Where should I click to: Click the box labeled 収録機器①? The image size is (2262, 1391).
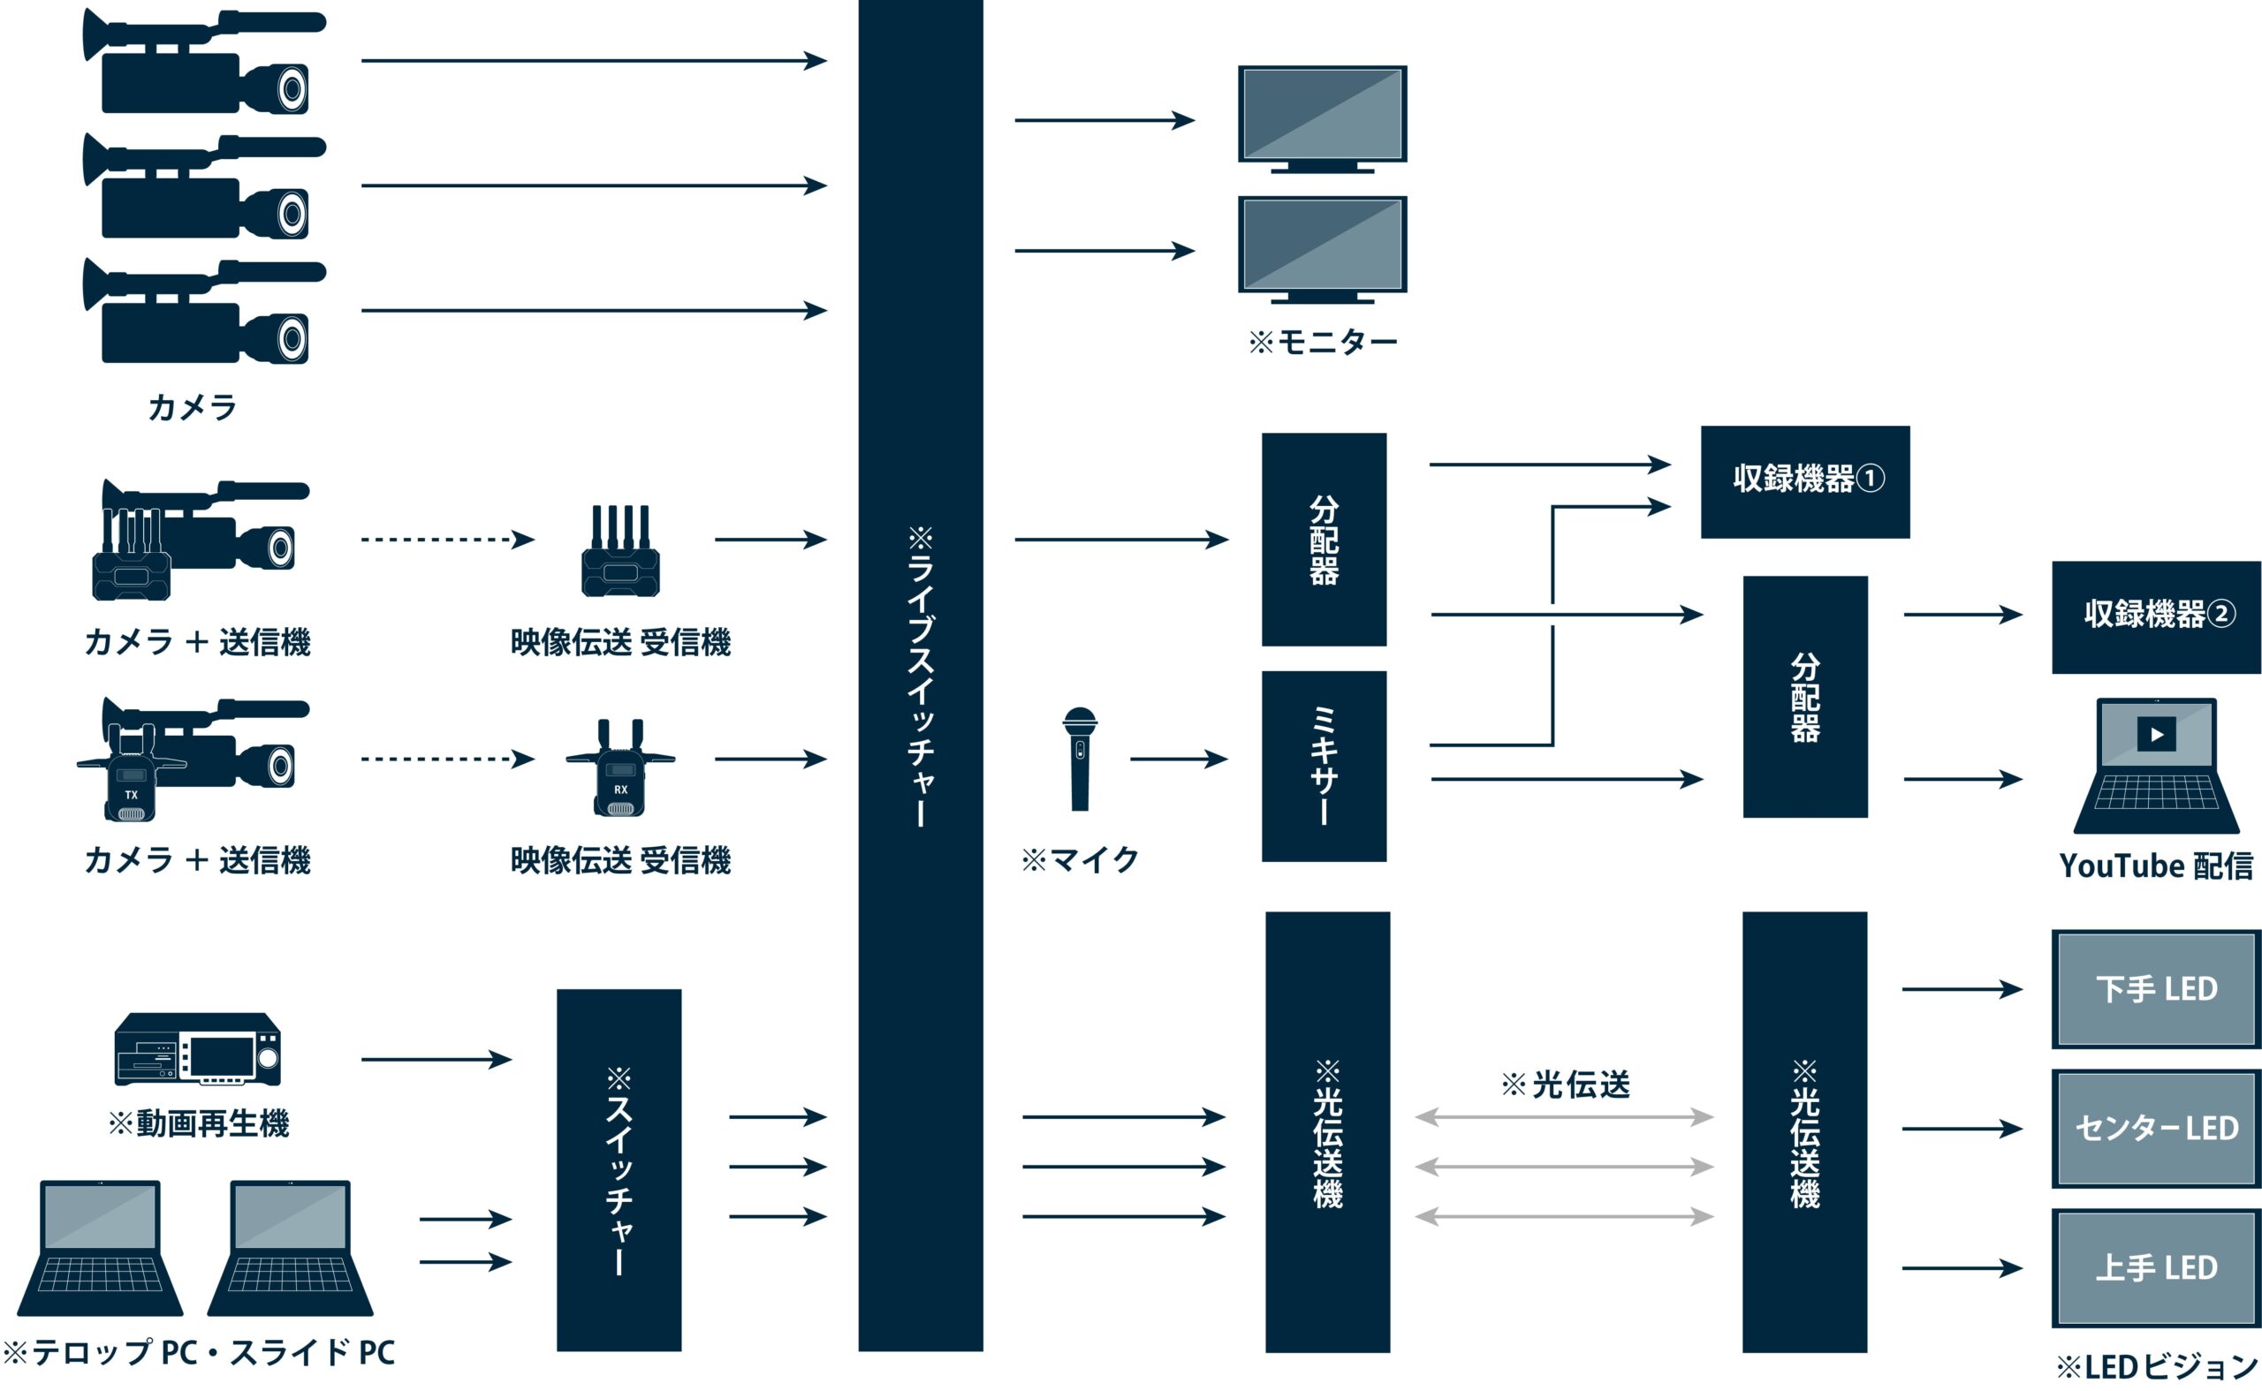pos(1803,481)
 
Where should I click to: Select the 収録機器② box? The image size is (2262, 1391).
pos(2155,616)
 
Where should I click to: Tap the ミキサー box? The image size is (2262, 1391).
pos(1323,766)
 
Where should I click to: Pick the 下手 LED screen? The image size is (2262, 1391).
pos(2155,989)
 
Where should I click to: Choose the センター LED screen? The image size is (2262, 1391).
pos(2155,1128)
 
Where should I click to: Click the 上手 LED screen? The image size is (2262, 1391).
pos(2155,1267)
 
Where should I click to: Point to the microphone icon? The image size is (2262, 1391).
pos(1080,758)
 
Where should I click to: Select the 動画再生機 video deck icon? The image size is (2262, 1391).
pos(197,1049)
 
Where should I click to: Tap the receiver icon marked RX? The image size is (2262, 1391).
pos(620,771)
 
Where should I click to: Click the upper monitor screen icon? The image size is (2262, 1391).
pos(1322,115)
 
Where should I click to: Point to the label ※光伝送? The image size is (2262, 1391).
pos(1565,1085)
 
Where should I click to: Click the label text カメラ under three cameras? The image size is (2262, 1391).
pos(193,406)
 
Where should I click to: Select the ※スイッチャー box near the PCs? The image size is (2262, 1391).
pos(619,1169)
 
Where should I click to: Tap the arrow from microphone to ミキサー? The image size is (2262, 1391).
pos(1178,759)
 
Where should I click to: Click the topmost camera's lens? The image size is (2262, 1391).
pos(292,89)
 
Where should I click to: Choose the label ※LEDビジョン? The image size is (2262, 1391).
pos(2155,1366)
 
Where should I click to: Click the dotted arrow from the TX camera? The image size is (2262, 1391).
pos(446,759)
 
